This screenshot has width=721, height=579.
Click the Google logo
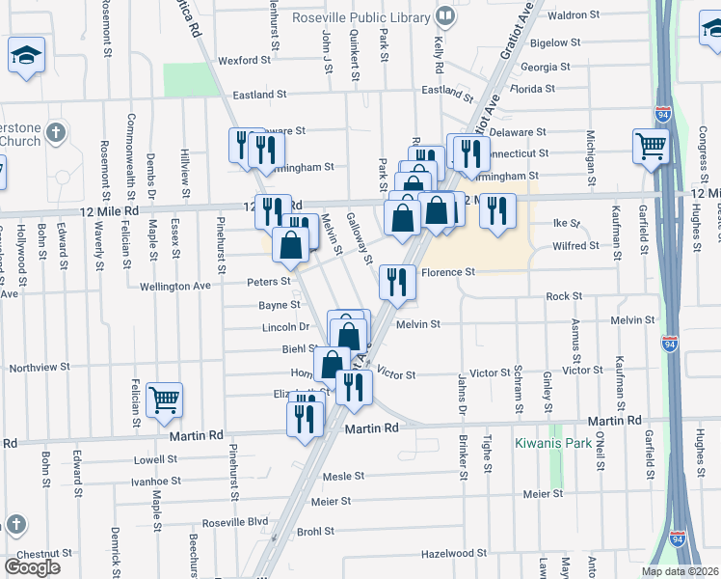pos(32,567)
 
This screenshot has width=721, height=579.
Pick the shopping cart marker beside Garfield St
pos(651,147)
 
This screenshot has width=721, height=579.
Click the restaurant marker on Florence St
pos(396,281)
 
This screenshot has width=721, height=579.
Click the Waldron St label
pos(574,15)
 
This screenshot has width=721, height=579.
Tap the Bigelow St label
pos(555,42)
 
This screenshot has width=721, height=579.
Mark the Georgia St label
pos(546,68)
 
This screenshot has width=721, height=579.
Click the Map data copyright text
pos(680,571)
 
